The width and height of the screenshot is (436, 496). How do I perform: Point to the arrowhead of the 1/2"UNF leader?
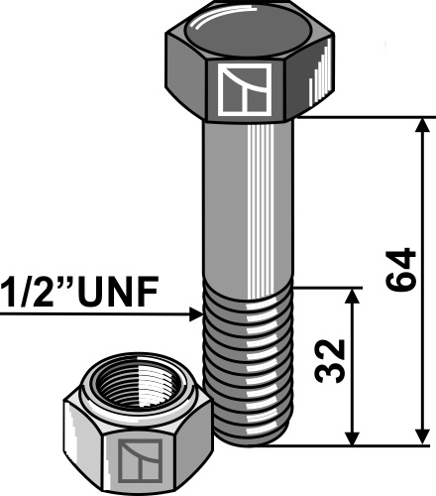[x=195, y=315]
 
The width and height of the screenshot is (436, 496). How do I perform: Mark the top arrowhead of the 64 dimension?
[x=424, y=125]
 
